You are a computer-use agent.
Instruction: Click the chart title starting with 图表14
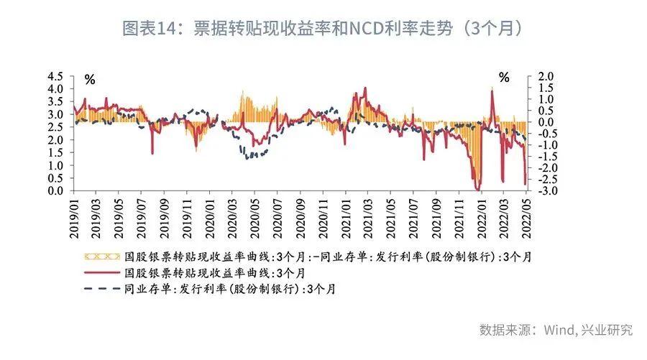323,29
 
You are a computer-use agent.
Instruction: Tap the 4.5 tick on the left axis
55,76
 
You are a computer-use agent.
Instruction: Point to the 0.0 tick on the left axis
55,191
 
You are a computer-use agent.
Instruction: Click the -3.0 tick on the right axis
545,191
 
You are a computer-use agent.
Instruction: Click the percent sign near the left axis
90,78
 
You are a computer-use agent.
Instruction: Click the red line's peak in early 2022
492,89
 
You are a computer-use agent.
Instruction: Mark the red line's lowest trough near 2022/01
478,190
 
